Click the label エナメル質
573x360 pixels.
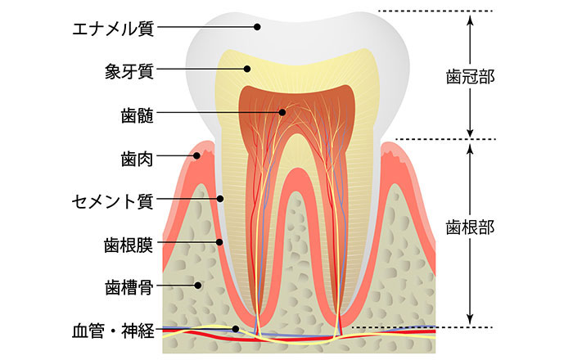pyautogui.click(x=113, y=27)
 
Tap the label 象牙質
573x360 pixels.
pyautogui.click(x=129, y=70)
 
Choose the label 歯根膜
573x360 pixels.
pyautogui.click(x=129, y=243)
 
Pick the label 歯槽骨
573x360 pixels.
pyautogui.click(x=129, y=287)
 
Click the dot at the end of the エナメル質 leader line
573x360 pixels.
pyautogui.click(x=257, y=27)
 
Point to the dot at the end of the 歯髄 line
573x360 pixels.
pyautogui.click(x=282, y=112)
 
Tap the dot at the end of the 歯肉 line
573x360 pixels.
pyautogui.click(x=197, y=155)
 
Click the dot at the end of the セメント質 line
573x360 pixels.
pyautogui.click(x=220, y=198)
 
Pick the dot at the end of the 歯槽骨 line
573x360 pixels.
pyautogui.click(x=199, y=286)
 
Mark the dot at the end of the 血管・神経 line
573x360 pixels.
pyautogui.click(x=237, y=330)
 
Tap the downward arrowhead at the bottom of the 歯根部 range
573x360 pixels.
pyautogui.click(x=470, y=319)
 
